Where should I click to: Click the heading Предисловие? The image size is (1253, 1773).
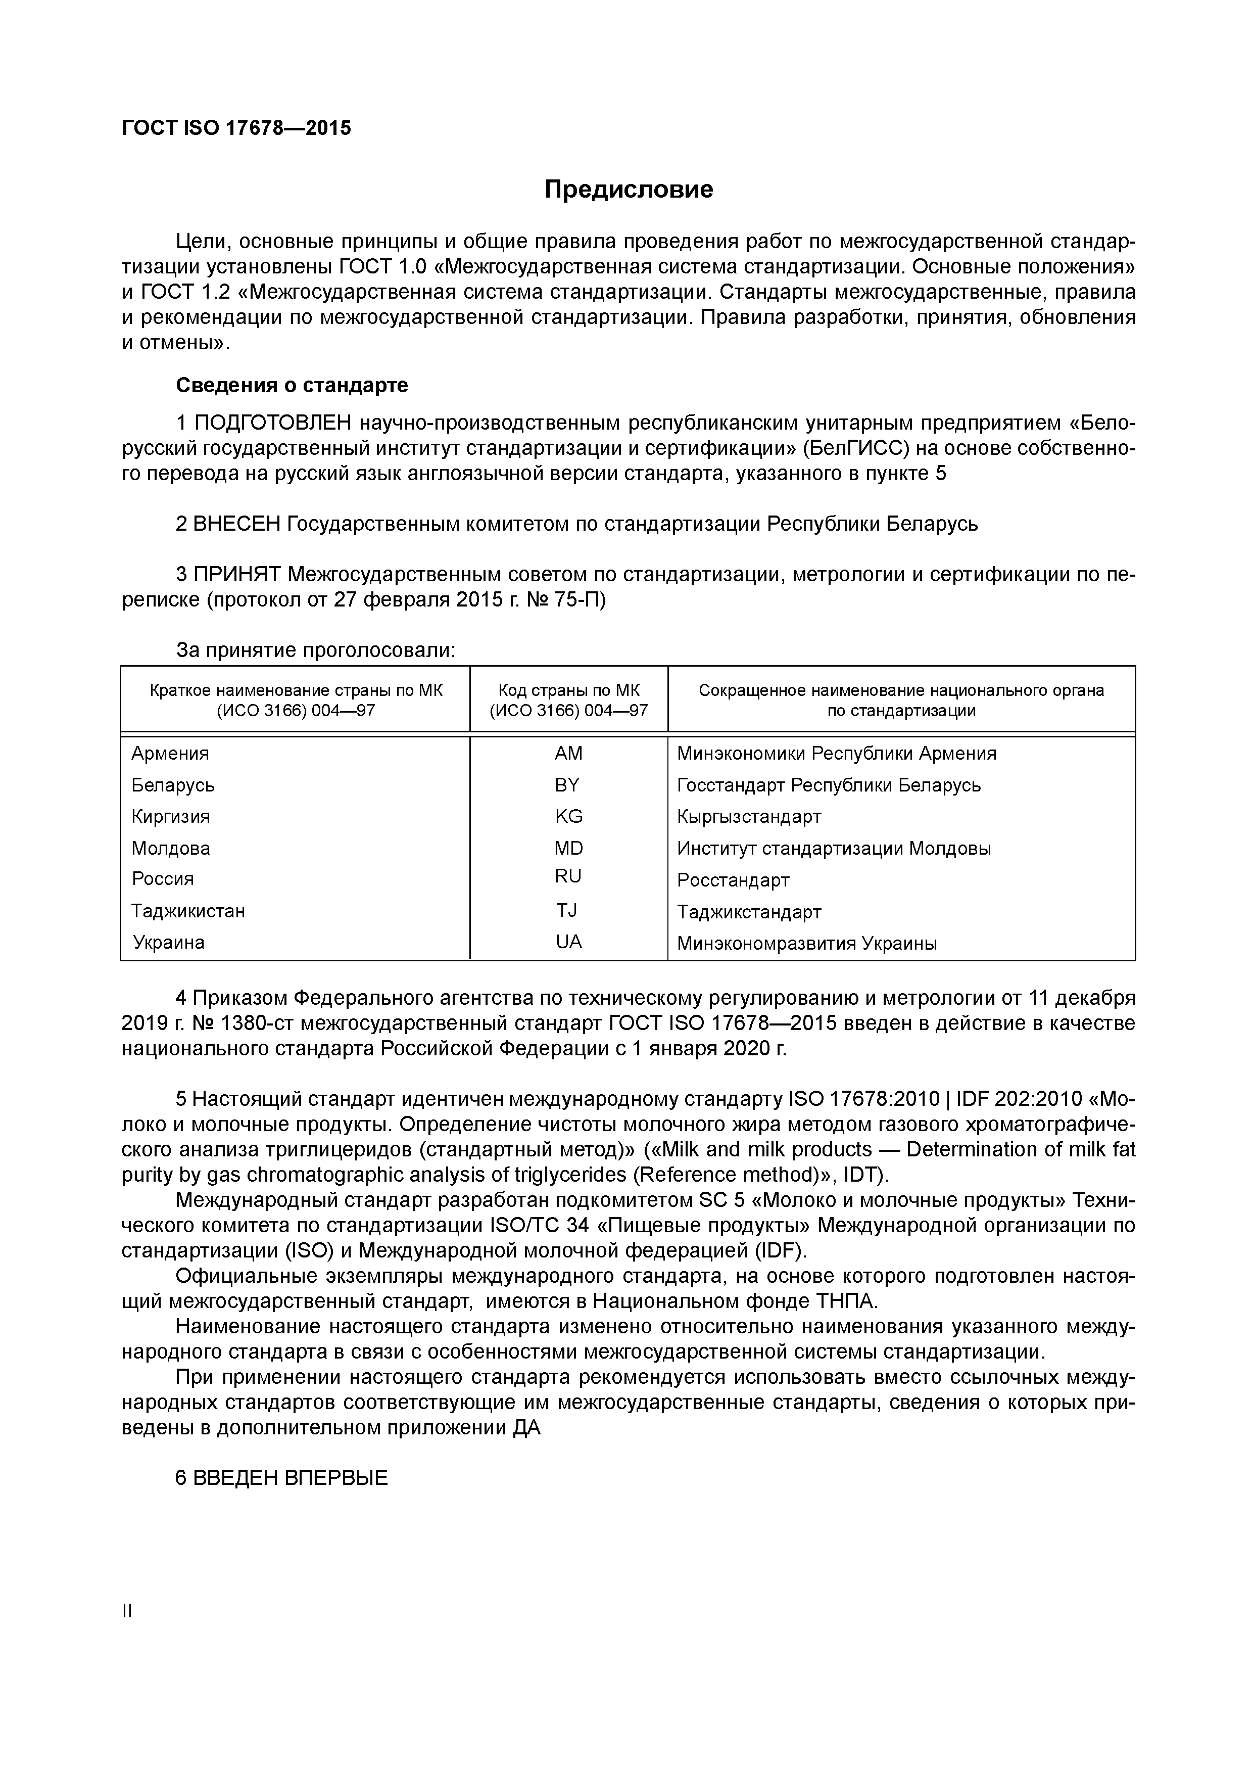[629, 189]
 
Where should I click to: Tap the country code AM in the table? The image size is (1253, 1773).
[568, 753]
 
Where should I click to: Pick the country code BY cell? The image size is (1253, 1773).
[567, 784]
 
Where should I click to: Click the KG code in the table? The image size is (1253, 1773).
[568, 816]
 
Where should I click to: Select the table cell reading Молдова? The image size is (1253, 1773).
[171, 848]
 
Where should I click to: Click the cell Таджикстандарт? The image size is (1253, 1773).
[749, 912]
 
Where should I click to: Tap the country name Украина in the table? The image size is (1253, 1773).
[169, 942]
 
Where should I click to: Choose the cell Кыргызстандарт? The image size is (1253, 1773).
[749, 816]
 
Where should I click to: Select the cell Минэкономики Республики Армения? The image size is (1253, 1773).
[836, 753]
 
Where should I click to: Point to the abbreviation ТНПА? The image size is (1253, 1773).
[846, 1301]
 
